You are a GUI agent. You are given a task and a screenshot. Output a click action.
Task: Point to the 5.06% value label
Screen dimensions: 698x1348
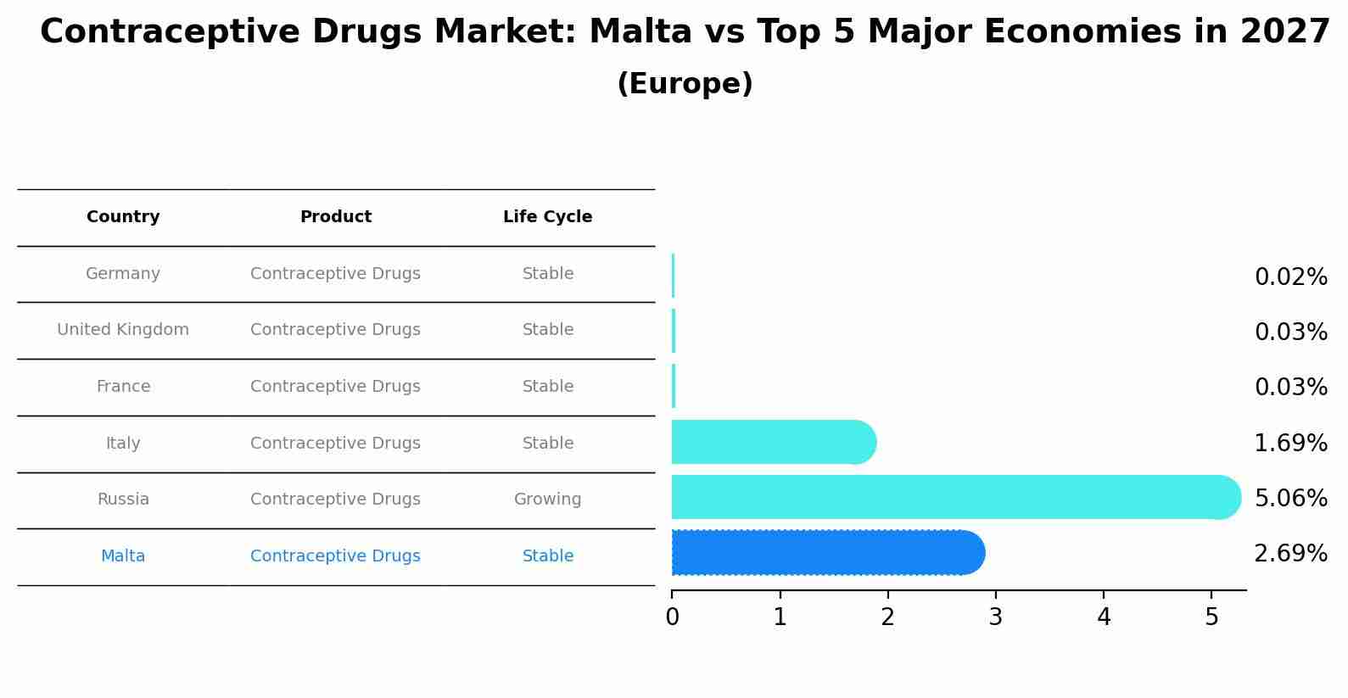pos(1290,498)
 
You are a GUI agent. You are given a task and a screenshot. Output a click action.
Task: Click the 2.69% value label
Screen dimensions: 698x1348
pos(1290,554)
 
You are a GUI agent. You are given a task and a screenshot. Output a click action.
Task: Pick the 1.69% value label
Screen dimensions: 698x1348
pos(1290,443)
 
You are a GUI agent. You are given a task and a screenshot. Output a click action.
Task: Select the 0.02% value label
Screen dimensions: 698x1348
pos(1290,277)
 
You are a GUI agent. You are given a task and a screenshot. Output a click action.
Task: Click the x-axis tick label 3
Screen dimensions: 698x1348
pos(996,617)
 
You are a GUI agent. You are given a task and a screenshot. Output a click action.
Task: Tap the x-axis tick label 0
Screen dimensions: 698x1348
pos(672,617)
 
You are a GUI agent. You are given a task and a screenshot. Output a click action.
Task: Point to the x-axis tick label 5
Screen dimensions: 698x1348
pos(1211,617)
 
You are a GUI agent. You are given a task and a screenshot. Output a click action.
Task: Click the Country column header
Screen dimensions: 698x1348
pos(123,217)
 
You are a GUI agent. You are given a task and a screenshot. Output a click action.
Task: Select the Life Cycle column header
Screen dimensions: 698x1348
pos(547,217)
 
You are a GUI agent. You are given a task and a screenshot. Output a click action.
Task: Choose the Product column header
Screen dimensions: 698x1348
pos(336,217)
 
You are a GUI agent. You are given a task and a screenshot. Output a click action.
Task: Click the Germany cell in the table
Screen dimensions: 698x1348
pos(123,274)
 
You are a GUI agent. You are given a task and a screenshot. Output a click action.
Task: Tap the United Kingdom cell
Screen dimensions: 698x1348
pos(123,330)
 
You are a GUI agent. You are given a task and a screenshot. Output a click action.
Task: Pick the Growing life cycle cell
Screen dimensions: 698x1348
pos(547,500)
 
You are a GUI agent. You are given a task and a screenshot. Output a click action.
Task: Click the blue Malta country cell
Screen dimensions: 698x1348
pos(123,556)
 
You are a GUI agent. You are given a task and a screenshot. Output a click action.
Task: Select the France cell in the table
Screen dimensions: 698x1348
pos(123,387)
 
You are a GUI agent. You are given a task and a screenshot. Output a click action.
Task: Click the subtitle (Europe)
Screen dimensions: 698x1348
pos(685,84)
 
